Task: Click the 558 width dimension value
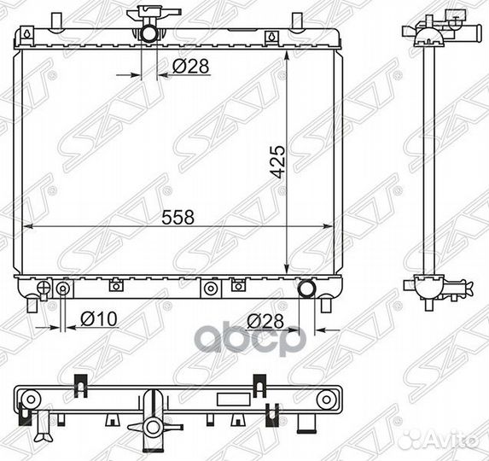pos(178,217)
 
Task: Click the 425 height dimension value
pos(277,161)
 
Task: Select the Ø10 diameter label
pos(99,318)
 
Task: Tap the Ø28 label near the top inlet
pos(190,66)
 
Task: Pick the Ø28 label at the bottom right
pos(265,321)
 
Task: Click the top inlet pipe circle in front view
pos(149,33)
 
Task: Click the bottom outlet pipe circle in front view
pos(307,289)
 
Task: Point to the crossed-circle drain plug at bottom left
pos(44,287)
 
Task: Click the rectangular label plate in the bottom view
pos(234,400)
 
